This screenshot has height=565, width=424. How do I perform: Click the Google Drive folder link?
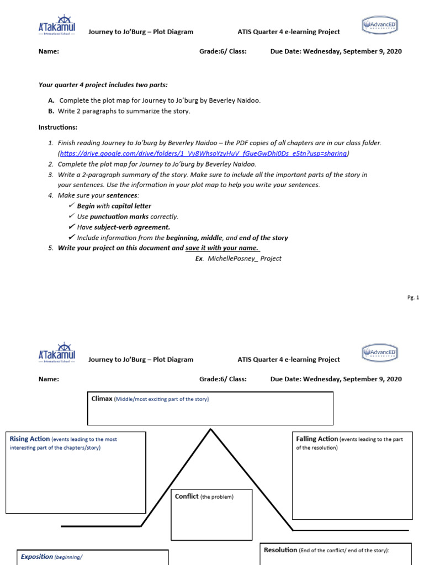[204, 153]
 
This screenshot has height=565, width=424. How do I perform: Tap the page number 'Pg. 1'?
[414, 298]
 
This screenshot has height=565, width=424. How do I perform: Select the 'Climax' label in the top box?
[102, 398]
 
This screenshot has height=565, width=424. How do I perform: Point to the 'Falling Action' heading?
[317, 439]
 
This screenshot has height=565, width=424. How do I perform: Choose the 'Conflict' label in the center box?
[187, 497]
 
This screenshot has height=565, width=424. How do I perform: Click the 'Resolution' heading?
[280, 550]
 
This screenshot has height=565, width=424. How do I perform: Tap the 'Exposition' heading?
[37, 557]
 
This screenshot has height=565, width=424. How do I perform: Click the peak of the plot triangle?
[210, 429]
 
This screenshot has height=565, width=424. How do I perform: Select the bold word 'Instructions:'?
[54, 127]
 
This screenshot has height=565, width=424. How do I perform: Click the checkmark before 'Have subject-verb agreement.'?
[72, 227]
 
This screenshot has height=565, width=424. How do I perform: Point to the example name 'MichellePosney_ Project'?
[245, 258]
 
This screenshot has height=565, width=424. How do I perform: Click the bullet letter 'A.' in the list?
[51, 100]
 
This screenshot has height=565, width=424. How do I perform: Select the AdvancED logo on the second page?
[380, 352]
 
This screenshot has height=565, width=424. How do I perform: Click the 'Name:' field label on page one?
[49, 51]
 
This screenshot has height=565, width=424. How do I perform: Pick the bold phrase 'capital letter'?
[131, 206]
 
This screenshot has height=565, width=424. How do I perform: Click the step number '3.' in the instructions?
[51, 174]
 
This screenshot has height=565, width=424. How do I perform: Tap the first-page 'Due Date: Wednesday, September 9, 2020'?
[336, 51]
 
